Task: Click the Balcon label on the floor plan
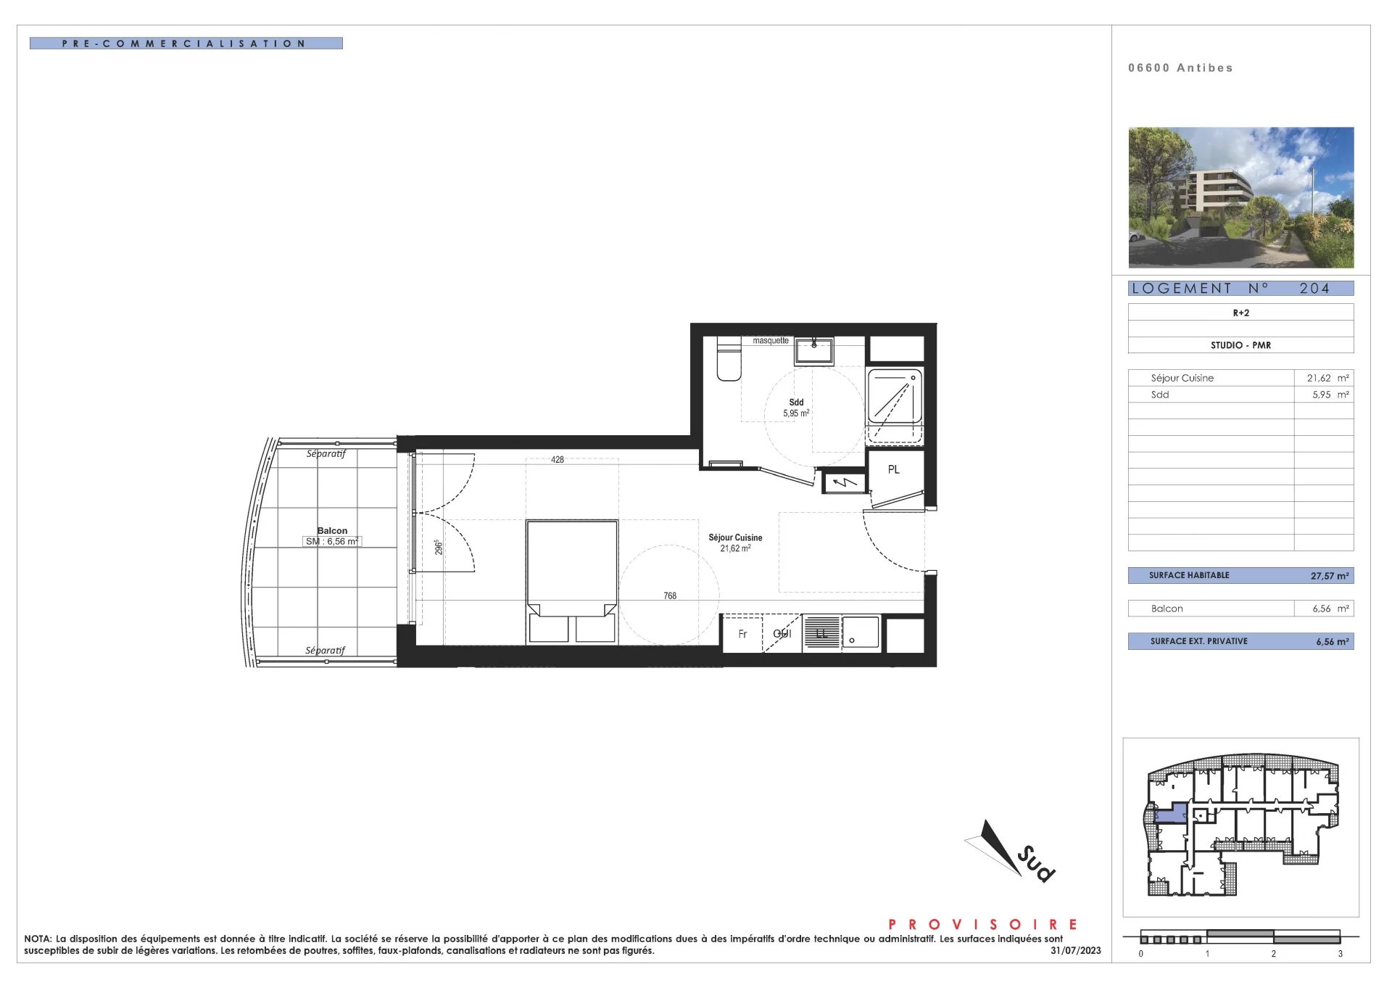(x=332, y=530)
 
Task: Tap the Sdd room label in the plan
(x=796, y=402)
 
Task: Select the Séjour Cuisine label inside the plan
(x=735, y=537)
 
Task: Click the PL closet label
(x=893, y=469)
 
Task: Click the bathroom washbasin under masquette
(x=813, y=351)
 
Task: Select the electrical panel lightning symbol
(x=844, y=482)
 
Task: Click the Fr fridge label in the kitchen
(x=742, y=634)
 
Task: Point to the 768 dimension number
(x=670, y=595)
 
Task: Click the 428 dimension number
(x=557, y=459)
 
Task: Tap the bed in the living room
(x=572, y=581)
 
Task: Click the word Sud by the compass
(x=1036, y=864)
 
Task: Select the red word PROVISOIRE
(x=983, y=924)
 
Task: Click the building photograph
(x=1240, y=197)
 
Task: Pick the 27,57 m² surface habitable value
(x=1330, y=576)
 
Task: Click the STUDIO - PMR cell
(x=1240, y=345)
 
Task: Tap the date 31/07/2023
(x=1075, y=950)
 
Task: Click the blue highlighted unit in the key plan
(x=1169, y=812)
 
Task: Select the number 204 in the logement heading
(x=1314, y=288)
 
